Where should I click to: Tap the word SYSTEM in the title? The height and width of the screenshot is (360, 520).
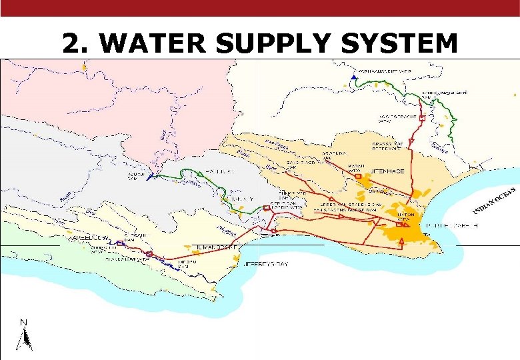point(399,44)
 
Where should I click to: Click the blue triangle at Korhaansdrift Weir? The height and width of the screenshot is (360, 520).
point(353,79)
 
